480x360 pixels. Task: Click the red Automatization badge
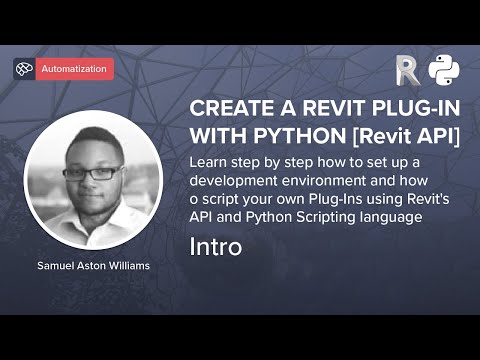click(x=75, y=69)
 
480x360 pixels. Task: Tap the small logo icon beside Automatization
click(x=24, y=69)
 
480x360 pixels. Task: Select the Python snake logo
click(x=443, y=70)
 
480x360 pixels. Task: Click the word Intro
click(x=215, y=246)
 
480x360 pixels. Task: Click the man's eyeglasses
click(x=93, y=171)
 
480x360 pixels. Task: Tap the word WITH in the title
click(x=215, y=135)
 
